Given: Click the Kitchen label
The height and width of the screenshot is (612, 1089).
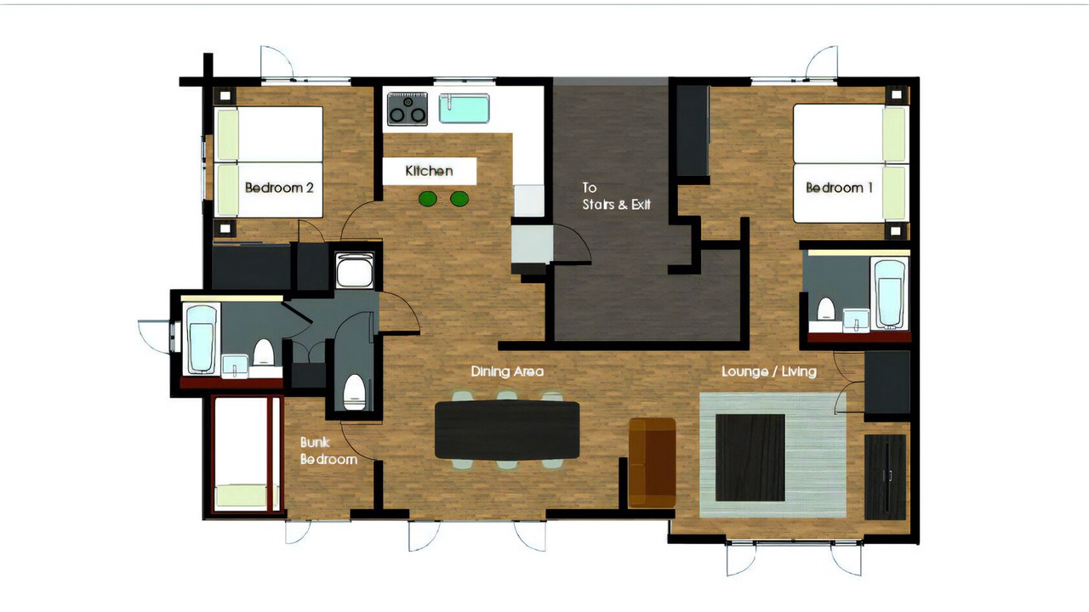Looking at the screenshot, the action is pyautogui.click(x=430, y=171).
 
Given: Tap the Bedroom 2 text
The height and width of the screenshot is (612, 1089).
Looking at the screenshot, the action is pyautogui.click(x=279, y=188).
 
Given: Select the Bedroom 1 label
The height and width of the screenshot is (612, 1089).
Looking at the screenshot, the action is pyautogui.click(x=839, y=188).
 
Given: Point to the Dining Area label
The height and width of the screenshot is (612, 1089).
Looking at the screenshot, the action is pyautogui.click(x=507, y=371).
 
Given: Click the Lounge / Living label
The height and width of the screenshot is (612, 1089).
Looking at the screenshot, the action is pyautogui.click(x=769, y=371).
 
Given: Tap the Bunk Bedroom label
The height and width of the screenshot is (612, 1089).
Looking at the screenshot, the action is pyautogui.click(x=328, y=450).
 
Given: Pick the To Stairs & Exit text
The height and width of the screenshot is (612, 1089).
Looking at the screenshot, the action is pyautogui.click(x=617, y=196).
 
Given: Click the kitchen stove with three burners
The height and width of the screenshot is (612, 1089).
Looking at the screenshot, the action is pyautogui.click(x=408, y=109).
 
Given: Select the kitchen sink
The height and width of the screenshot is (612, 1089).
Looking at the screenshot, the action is pyautogui.click(x=465, y=108).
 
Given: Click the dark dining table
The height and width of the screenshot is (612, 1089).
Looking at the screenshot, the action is pyautogui.click(x=507, y=430).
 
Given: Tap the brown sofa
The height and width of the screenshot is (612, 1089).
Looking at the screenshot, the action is pyautogui.click(x=652, y=462).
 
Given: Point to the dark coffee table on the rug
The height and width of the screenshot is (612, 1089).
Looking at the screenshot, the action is pyautogui.click(x=750, y=457).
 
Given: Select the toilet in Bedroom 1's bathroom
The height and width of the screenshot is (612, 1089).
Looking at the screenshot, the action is pyautogui.click(x=825, y=309).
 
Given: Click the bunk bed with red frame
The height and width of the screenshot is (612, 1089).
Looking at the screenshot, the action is pyautogui.click(x=248, y=455).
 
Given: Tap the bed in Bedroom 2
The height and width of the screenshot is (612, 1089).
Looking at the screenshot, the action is pyautogui.click(x=269, y=161).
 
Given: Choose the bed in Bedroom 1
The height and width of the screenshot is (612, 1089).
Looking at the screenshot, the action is pyautogui.click(x=851, y=163).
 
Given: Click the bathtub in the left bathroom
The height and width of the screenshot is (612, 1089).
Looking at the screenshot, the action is pyautogui.click(x=202, y=338).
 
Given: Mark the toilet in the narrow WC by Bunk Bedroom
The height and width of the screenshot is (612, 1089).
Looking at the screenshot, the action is pyautogui.click(x=354, y=392).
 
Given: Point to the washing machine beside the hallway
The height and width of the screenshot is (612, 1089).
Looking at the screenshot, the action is pyautogui.click(x=355, y=270).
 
